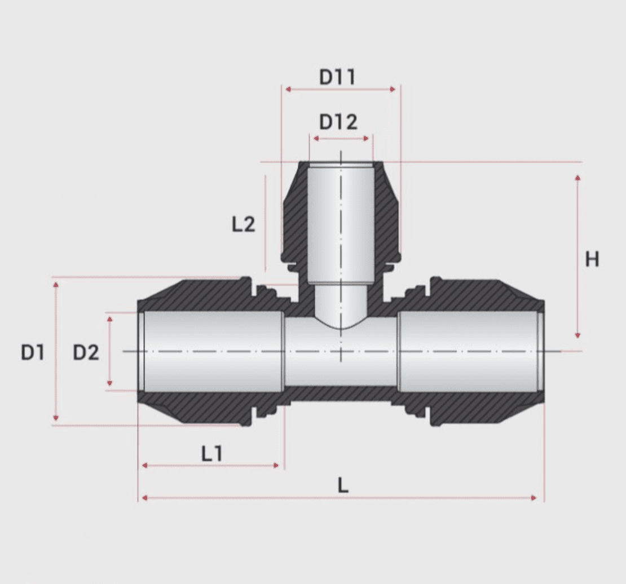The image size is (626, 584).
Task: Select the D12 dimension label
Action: click(x=338, y=122)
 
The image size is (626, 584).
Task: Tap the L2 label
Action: click(x=244, y=225)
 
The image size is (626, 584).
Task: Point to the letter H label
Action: click(x=592, y=260)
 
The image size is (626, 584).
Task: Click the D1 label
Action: click(x=32, y=353)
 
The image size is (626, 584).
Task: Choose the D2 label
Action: click(x=86, y=353)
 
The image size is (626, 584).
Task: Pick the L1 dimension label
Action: click(x=212, y=454)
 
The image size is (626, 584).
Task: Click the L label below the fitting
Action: click(x=343, y=485)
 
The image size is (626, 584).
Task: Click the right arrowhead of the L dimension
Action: click(x=534, y=498)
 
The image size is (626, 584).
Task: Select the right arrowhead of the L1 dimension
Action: click(x=276, y=465)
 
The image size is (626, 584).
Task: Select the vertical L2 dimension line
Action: click(x=265, y=223)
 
